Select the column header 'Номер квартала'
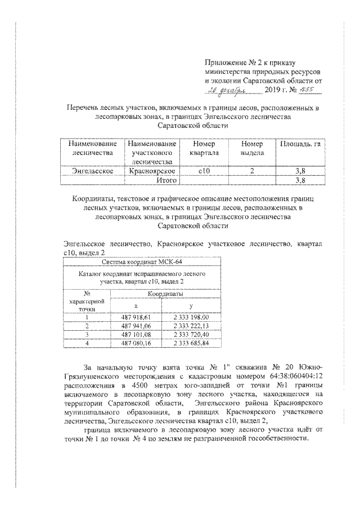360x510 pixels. [x=201, y=148]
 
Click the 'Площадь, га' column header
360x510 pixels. [x=300, y=144]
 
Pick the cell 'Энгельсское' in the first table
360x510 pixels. [x=92, y=170]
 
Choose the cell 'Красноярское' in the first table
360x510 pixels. [x=152, y=170]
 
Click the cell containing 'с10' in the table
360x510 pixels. [x=201, y=170]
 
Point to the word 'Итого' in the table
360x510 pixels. [x=167, y=180]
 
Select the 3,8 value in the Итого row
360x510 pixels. [x=300, y=180]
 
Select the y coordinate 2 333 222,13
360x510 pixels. [x=191, y=326]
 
